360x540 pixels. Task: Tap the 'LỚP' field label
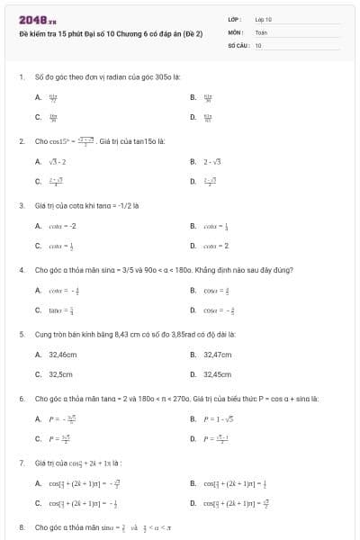[x=235, y=19]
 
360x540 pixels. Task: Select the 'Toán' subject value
[x=261, y=31]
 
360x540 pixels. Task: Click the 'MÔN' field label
[x=236, y=31]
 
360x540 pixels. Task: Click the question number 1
[x=22, y=78]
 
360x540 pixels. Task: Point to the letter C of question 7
[x=38, y=502]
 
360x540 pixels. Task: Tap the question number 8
[x=22, y=526]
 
